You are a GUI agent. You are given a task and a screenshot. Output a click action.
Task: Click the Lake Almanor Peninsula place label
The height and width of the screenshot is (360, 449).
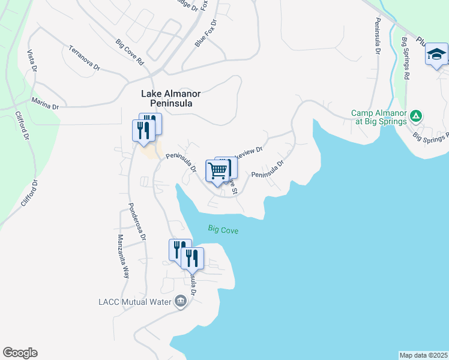tap(170, 98)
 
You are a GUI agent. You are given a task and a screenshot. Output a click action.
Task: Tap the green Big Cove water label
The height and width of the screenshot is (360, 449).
tap(223, 229)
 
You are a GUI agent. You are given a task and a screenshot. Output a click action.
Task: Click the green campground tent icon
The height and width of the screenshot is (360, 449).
tap(415, 116)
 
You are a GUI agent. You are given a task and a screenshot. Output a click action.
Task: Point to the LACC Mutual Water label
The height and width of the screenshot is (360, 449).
tap(134, 301)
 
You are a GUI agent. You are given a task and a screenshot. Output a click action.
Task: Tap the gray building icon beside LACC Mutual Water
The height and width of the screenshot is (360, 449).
tap(180, 301)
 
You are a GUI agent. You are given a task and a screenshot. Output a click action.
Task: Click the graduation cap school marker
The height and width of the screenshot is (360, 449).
tap(436, 55)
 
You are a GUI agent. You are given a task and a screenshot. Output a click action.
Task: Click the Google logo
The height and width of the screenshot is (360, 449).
tap(20, 353)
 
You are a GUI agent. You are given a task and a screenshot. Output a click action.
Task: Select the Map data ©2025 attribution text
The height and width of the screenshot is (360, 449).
tap(423, 355)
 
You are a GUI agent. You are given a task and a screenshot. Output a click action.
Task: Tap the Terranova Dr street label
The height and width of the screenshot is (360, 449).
tap(83, 58)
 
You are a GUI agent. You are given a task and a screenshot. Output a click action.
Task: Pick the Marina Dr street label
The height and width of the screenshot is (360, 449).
tap(46, 104)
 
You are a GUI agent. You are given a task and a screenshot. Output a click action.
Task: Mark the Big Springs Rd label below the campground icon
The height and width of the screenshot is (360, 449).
tap(432, 137)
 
